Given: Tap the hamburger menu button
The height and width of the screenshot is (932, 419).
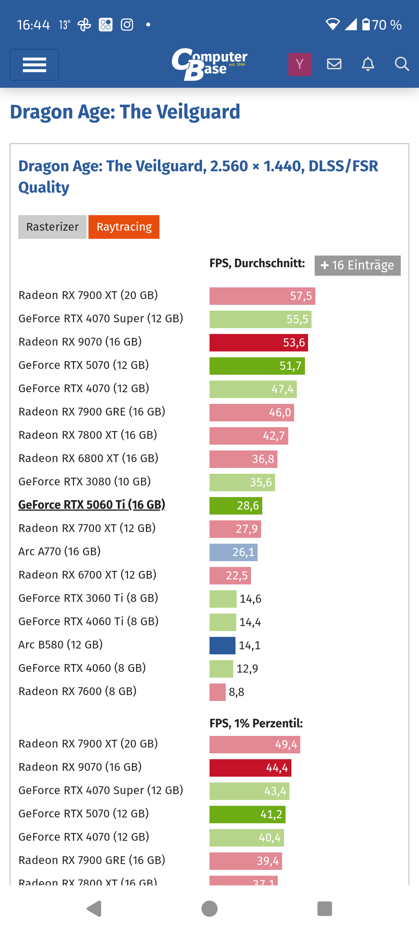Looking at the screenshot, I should point(34,65).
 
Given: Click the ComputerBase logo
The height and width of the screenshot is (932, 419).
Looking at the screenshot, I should point(209,64).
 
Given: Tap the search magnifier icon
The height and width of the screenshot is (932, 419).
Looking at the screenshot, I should point(402,64).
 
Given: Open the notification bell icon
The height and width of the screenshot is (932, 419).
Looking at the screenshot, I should point(368,64).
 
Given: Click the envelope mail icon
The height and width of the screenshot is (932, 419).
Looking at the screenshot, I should point(334,64).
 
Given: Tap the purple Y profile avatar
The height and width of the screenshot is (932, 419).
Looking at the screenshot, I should point(300,64).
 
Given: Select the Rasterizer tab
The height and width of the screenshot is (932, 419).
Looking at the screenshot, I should point(52,227).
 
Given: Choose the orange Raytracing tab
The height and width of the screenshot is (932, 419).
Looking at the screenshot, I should point(124,227).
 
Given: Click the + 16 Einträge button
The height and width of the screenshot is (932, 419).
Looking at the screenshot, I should point(357,265).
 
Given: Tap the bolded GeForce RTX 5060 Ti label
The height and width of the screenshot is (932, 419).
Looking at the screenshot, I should point(92,505).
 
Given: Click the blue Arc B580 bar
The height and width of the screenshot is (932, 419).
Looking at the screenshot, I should point(222,645).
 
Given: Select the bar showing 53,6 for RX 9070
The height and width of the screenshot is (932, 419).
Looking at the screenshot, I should point(258,343).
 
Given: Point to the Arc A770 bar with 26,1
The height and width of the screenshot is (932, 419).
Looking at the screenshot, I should point(233,552).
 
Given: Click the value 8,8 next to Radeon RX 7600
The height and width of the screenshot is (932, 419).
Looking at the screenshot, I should point(236,692).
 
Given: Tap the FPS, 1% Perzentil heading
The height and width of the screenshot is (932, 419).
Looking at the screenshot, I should point(256,723).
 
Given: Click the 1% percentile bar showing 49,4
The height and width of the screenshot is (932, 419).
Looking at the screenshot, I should point(255,744).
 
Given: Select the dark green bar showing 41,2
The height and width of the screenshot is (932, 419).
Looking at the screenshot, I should point(247,814).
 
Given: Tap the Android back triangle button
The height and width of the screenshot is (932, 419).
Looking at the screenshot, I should point(94,909).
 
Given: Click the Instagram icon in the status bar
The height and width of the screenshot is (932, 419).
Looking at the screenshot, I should point(127,25).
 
